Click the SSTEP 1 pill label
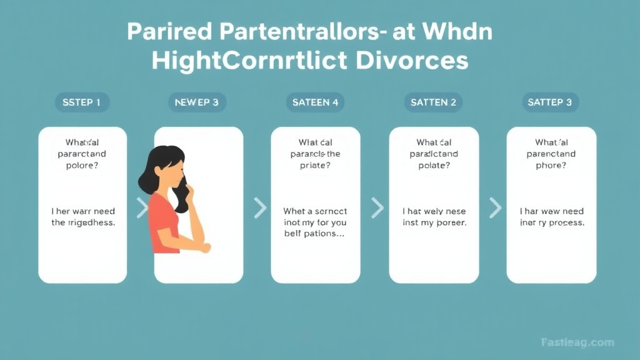point(82,102)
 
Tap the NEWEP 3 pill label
point(197,102)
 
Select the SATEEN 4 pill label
point(316,102)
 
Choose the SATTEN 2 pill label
point(433,102)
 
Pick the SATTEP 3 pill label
point(551,102)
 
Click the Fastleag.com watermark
point(577,342)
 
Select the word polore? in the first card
point(82,166)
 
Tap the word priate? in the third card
point(316,166)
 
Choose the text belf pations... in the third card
point(316,234)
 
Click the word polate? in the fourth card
point(434,166)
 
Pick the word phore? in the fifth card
point(551,166)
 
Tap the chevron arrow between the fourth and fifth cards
point(495,207)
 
